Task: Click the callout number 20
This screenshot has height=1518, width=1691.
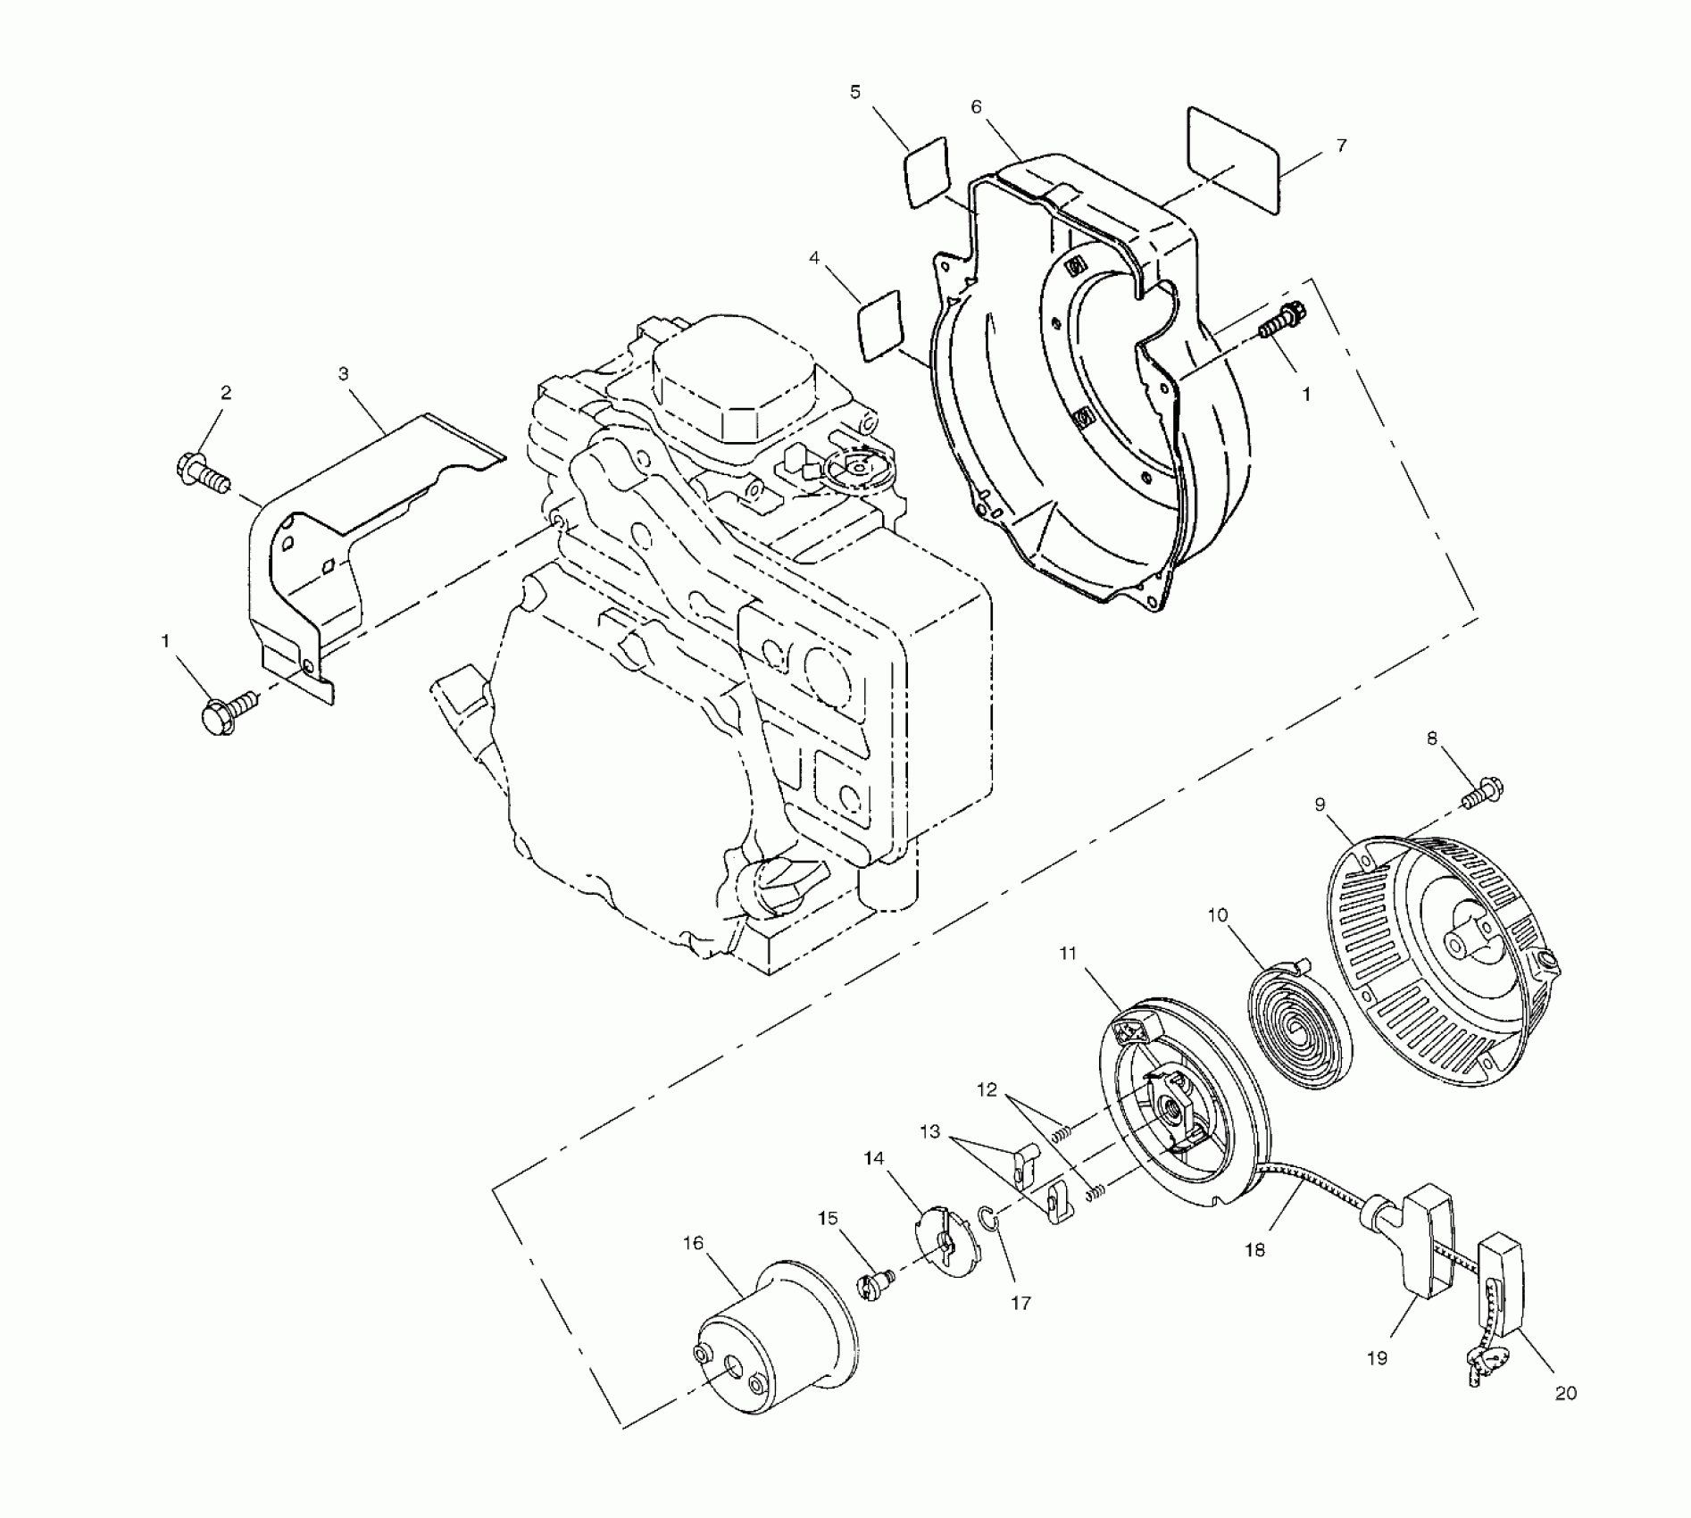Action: [x=1566, y=1393]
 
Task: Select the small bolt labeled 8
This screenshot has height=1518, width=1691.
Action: [x=1483, y=792]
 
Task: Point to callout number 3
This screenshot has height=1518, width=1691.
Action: [x=344, y=374]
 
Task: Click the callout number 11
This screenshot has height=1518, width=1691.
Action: [x=1069, y=954]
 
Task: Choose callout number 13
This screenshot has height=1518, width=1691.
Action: [x=930, y=1132]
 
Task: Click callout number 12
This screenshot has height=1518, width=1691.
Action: [x=987, y=1090]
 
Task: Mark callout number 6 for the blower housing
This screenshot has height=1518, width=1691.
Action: [x=976, y=107]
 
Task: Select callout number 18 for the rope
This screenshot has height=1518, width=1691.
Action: [x=1254, y=1250]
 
